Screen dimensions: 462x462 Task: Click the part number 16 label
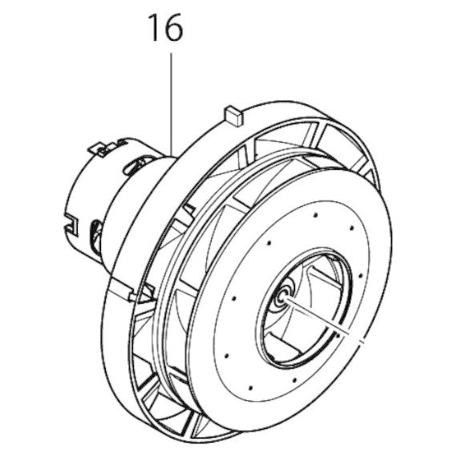(x=164, y=30)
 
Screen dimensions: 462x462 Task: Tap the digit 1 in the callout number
(x=153, y=30)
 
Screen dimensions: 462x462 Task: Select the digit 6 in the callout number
(x=173, y=30)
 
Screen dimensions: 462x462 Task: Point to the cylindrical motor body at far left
(x=88, y=192)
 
